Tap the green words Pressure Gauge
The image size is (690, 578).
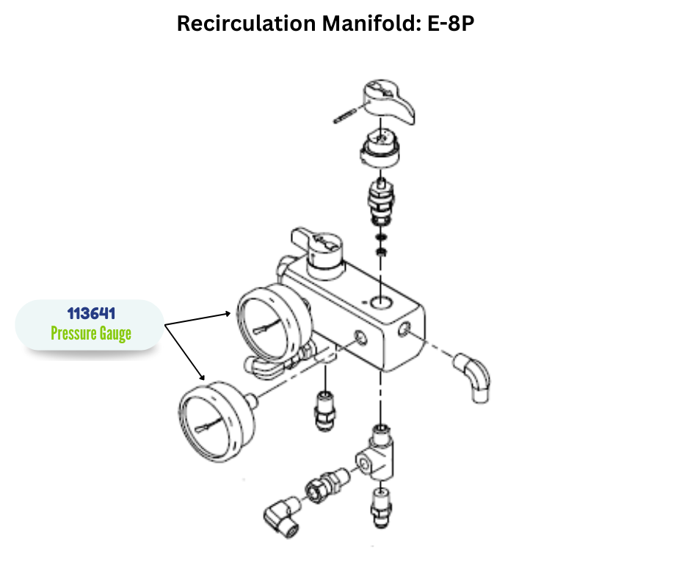click(91, 334)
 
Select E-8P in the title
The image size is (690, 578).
click(450, 23)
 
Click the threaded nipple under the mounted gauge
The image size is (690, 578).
click(324, 408)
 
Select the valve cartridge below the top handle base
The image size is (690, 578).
click(382, 201)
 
